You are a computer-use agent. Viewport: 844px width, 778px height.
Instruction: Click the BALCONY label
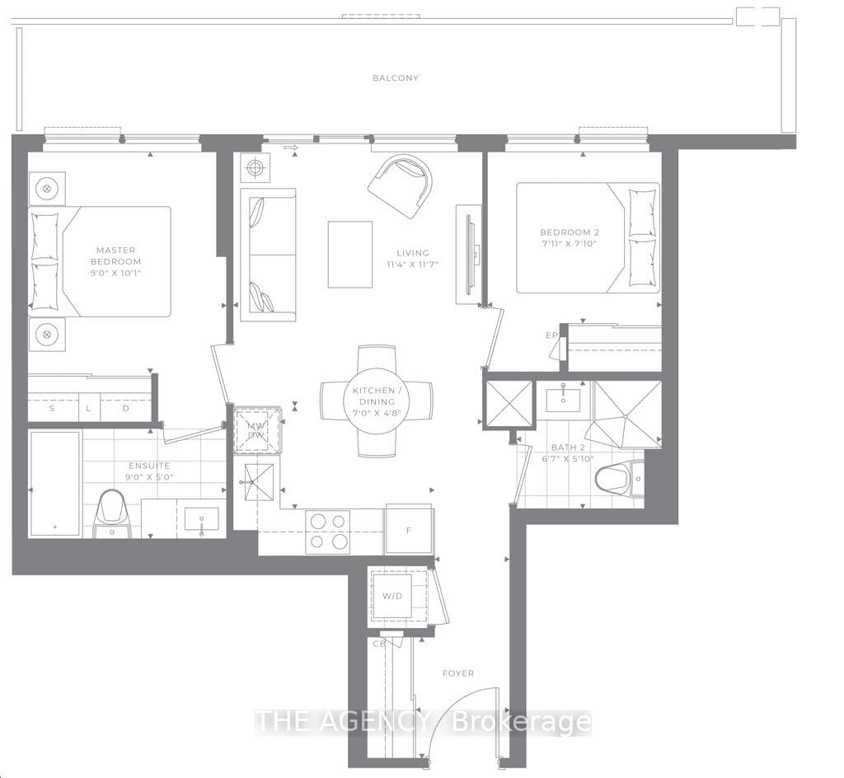click(395, 77)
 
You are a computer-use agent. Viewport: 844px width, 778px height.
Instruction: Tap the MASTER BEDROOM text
click(115, 255)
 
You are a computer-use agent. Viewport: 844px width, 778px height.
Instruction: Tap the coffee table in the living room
click(349, 254)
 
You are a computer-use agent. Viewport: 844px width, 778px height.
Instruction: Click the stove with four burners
click(328, 532)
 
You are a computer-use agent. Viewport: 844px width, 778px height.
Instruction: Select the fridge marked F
click(409, 530)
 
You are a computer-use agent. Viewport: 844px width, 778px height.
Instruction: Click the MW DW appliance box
click(256, 430)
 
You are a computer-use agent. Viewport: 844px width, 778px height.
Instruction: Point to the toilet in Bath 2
click(614, 477)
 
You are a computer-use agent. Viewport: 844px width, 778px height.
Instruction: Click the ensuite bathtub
click(54, 483)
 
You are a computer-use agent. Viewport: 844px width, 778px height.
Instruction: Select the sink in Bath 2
click(563, 400)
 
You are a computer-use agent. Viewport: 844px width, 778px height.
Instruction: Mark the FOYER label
click(457, 673)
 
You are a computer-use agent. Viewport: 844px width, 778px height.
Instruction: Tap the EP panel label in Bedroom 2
click(552, 335)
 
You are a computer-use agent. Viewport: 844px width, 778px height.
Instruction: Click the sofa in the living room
click(267, 255)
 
